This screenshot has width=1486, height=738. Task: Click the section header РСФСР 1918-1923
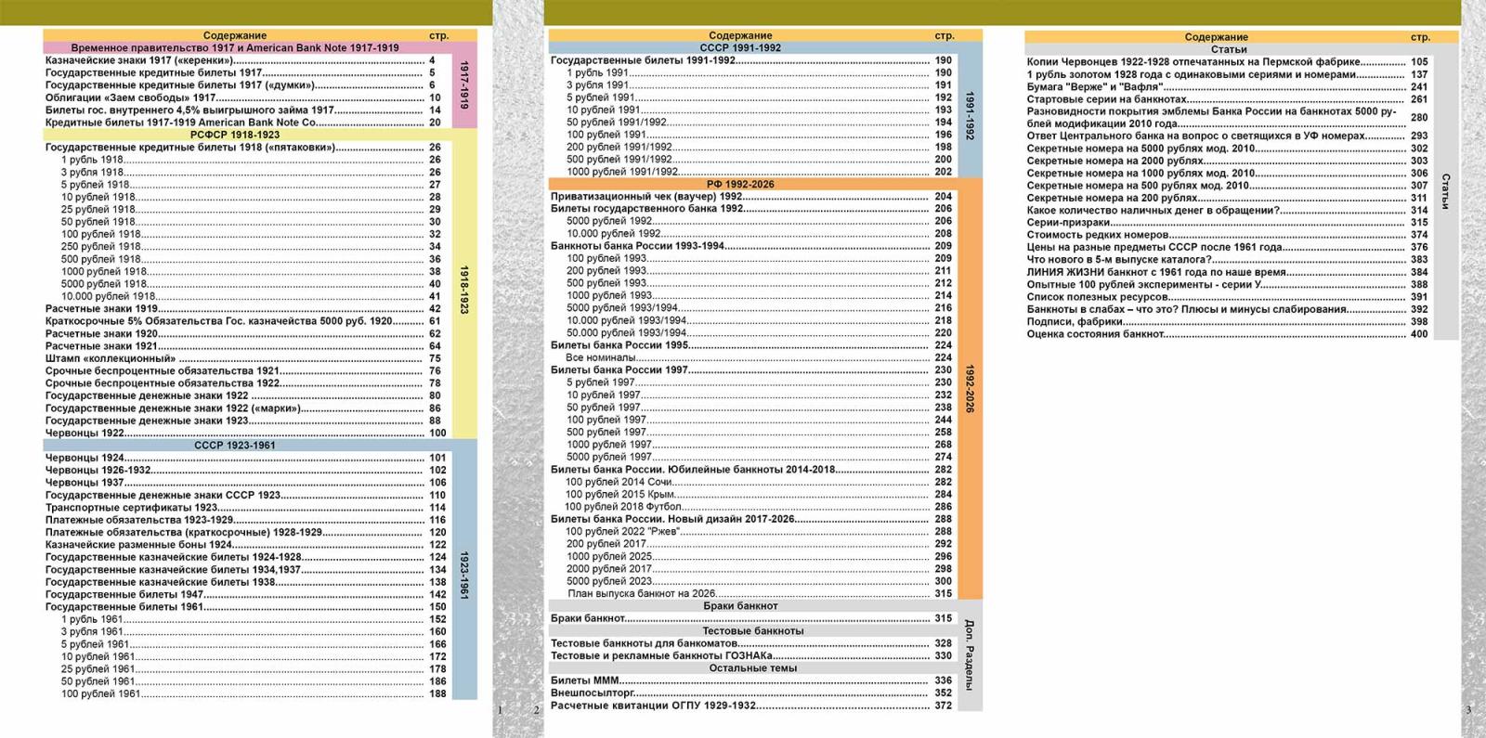235,135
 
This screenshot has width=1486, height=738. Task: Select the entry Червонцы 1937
85,483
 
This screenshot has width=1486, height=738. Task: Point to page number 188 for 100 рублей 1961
437,693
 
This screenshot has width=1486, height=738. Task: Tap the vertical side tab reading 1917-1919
464,84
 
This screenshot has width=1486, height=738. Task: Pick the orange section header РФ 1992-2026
740,185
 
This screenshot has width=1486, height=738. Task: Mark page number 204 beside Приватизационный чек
944,196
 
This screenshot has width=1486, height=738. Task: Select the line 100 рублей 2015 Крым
619,494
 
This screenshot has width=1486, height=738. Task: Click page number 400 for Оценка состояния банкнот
1419,334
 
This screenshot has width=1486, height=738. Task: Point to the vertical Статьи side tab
1445,191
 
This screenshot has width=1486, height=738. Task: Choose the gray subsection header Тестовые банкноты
753,630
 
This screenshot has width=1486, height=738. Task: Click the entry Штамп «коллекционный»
111,358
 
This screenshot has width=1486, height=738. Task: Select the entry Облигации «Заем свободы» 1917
131,97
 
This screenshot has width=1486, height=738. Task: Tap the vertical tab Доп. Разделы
970,655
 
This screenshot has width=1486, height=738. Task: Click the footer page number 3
1468,710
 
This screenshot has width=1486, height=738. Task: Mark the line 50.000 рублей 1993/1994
626,333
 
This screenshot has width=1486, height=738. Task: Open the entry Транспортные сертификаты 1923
131,507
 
